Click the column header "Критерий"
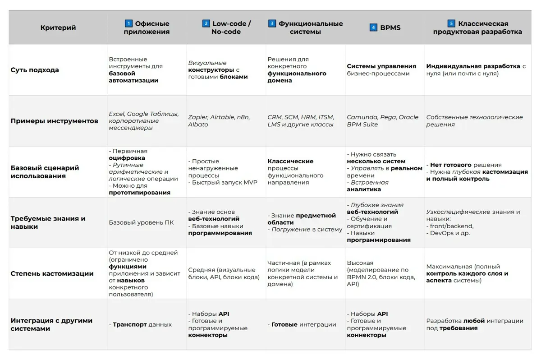click(58, 28)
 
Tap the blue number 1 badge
click(128, 23)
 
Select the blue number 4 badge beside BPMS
click(373, 28)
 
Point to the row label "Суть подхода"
click(35, 70)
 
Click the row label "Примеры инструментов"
click(54, 121)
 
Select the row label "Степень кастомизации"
click(52, 273)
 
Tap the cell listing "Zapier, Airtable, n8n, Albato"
click(219, 121)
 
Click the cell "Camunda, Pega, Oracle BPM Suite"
click(382, 121)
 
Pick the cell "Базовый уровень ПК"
click(141, 222)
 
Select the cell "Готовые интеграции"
click(303, 324)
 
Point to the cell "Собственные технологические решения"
click(474, 121)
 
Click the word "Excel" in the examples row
click(116, 114)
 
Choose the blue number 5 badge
click(451, 23)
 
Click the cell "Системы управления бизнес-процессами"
click(381, 70)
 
